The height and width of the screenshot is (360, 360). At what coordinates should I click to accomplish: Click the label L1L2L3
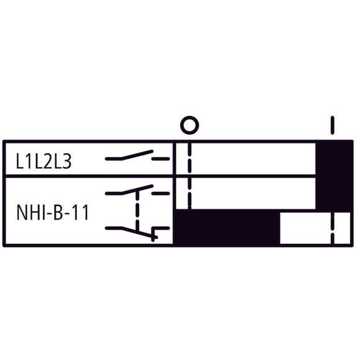(x=43, y=161)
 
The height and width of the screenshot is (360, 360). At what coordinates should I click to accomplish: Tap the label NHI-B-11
(x=53, y=213)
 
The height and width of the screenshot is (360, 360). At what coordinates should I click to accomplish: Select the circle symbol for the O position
(x=189, y=125)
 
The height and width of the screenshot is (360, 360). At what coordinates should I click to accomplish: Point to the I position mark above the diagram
(x=332, y=125)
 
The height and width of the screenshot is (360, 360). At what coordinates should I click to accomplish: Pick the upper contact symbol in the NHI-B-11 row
(x=137, y=190)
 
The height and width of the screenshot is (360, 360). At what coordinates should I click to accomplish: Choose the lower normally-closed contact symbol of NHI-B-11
(x=137, y=233)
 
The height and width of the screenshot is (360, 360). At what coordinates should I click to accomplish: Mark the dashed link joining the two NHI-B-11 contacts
(x=137, y=211)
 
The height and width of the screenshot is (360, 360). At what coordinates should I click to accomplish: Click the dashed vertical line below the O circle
(x=189, y=176)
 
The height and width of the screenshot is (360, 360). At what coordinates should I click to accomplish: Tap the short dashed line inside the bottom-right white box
(x=333, y=228)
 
